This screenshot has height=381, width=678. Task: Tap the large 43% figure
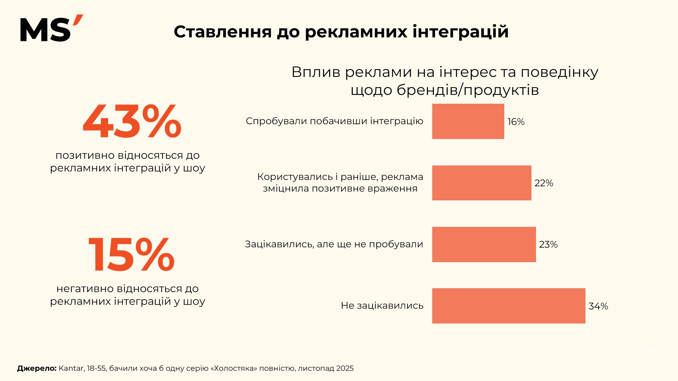click(132, 122)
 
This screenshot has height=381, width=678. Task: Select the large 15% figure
click(131, 255)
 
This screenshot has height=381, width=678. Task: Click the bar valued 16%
click(468, 121)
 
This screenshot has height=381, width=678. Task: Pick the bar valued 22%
click(482, 183)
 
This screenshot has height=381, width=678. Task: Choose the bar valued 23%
click(484, 244)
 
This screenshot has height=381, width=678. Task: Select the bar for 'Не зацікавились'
click(509, 306)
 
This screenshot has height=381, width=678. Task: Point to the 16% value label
click(516, 122)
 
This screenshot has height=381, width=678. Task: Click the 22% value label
click(543, 183)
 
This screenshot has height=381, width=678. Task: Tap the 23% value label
click(548, 244)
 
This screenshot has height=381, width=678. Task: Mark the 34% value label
click(598, 306)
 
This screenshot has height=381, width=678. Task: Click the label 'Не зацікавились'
click(382, 306)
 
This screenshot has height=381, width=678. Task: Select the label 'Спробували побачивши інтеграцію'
click(334, 121)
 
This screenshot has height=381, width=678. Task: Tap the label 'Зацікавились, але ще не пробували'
click(334, 244)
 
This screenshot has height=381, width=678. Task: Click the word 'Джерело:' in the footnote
click(37, 368)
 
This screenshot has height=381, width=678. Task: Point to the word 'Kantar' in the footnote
click(71, 368)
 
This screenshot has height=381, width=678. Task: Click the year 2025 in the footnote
click(345, 368)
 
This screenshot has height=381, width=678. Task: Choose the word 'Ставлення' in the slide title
click(222, 32)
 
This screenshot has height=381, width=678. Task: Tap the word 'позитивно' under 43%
click(85, 155)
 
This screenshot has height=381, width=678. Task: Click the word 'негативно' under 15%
click(85, 289)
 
